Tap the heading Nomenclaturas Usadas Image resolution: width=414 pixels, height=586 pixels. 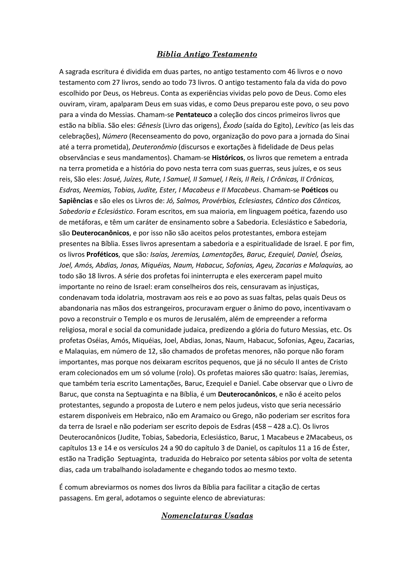tap(207, 516)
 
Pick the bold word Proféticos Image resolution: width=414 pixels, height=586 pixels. tap(102, 255)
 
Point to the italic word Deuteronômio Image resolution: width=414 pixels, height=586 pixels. tap(154, 147)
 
